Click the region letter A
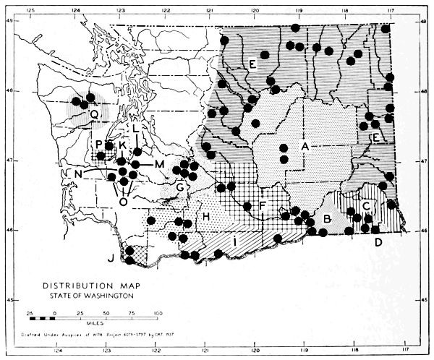coord(305,146)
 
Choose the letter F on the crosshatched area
coord(263,207)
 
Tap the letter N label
coord(76,174)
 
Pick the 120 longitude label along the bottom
coord(255,353)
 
